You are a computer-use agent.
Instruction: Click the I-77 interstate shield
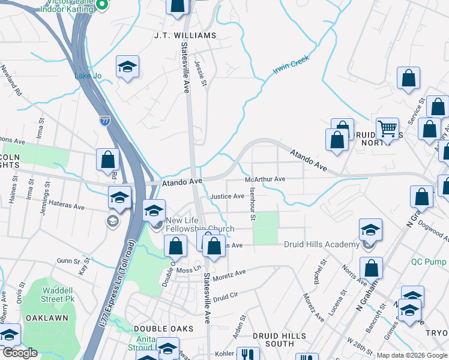click(x=105, y=121)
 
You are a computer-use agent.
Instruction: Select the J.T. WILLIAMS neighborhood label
click(x=185, y=35)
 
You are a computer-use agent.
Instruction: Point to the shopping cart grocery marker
click(x=387, y=128)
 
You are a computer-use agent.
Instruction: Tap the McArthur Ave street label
click(x=265, y=179)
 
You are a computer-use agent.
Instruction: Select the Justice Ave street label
click(x=227, y=196)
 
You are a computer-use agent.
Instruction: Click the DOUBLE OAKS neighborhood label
click(x=155, y=329)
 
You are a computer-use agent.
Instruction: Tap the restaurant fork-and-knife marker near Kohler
click(x=247, y=355)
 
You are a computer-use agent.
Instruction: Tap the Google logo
click(x=20, y=353)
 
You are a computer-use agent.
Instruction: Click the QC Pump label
click(x=429, y=262)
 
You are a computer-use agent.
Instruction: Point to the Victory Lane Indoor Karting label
click(x=67, y=6)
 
